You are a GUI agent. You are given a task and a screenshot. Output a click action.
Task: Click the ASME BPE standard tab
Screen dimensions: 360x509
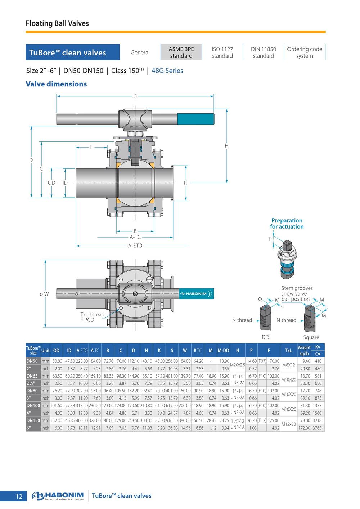point(181,52)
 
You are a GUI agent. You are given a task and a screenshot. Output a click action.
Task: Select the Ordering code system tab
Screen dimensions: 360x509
point(304,52)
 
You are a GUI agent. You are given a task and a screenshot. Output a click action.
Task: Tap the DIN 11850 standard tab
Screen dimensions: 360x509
point(264,52)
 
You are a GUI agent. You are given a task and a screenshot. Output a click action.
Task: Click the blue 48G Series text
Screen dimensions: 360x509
point(167,71)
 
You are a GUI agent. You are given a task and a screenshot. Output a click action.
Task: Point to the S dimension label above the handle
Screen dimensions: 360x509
point(135,96)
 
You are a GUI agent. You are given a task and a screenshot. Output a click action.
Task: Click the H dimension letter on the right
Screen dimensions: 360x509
point(226,146)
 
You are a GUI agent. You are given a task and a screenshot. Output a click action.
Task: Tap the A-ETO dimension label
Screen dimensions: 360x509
point(135,246)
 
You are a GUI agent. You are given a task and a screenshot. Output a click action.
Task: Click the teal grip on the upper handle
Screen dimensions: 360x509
point(195,119)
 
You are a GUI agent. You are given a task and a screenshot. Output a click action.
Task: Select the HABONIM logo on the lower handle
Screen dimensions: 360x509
point(193,294)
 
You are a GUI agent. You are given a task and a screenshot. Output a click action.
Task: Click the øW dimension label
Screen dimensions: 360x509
point(44,294)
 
